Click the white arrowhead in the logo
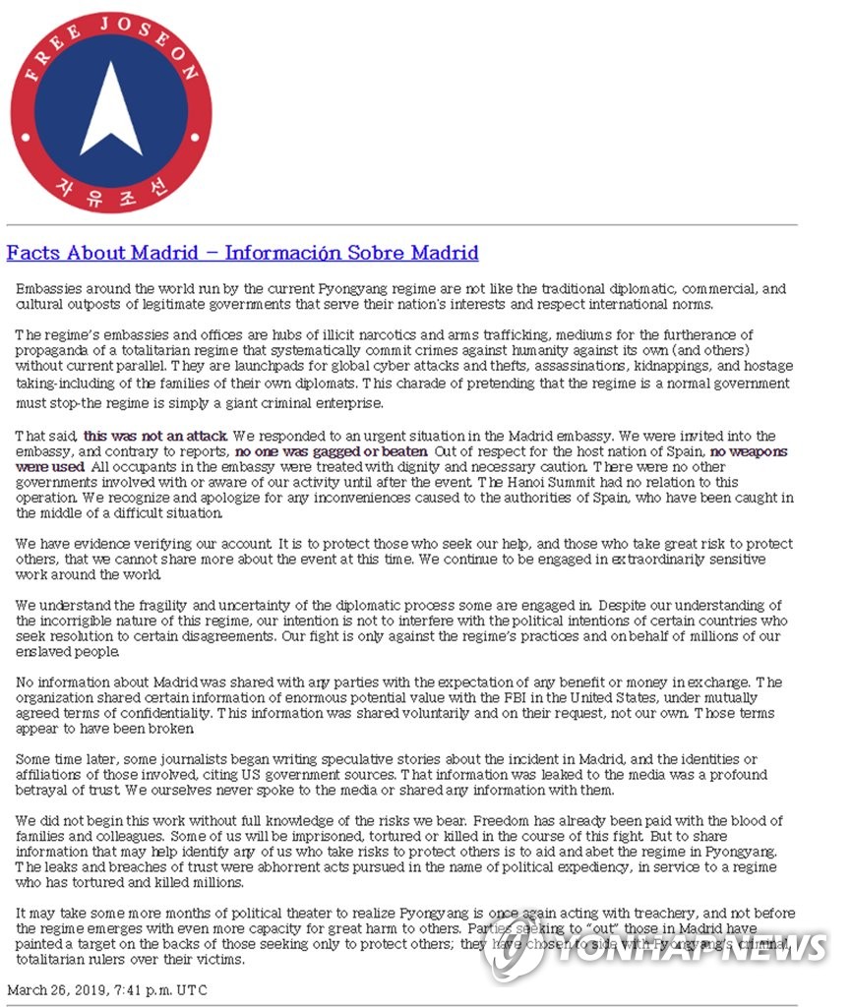tap(111, 112)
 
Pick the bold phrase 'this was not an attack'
tap(155, 435)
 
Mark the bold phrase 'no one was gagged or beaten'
tap(331, 451)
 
